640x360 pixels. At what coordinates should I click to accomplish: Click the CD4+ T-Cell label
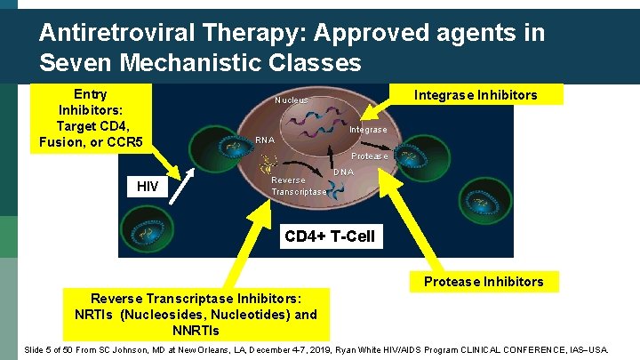(329, 236)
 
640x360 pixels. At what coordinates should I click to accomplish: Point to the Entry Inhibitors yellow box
(91, 118)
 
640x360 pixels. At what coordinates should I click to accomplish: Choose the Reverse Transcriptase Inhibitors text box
(196, 315)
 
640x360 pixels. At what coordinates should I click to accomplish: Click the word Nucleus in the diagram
(291, 100)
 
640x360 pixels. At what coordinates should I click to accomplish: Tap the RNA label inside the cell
(264, 140)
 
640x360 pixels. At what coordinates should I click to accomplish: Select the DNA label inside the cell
(343, 172)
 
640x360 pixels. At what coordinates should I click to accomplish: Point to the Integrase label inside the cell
(367, 131)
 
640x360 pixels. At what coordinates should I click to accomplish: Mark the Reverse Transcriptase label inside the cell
(298, 186)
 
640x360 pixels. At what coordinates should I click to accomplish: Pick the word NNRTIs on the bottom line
(196, 331)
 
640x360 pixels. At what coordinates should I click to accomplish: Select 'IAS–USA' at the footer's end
(588, 350)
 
